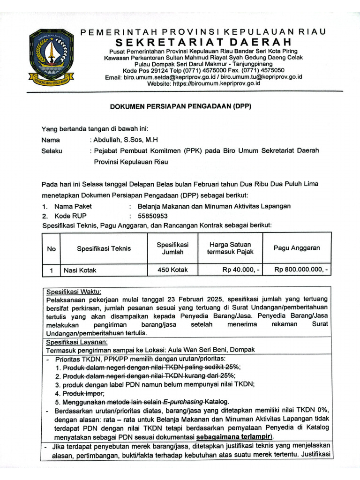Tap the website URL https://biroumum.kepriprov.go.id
pyautogui.click(x=217, y=83)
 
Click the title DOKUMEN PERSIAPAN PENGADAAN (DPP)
pyautogui.click(x=181, y=106)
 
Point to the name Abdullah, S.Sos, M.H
pyautogui.click(x=126, y=140)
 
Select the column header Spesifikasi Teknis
pyautogui.click(x=104, y=248)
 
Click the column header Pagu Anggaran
pyautogui.click(x=297, y=248)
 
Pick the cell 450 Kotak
pyautogui.click(x=172, y=270)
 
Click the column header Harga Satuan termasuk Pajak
pyautogui.click(x=230, y=248)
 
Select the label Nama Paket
pyautogui.click(x=73, y=206)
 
